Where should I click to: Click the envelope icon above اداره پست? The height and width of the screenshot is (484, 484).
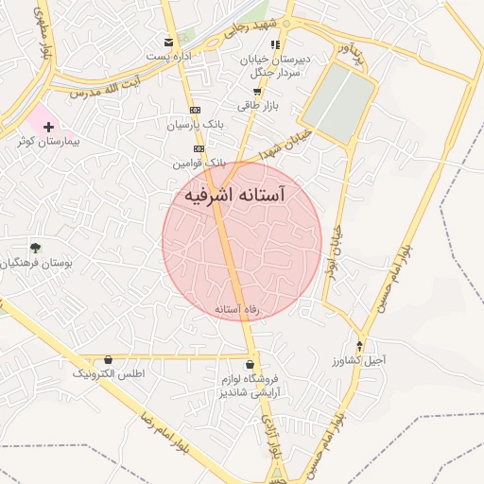point(169,43)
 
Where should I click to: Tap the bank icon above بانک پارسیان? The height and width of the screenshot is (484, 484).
point(196,110)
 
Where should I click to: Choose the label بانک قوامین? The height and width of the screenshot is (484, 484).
point(199,164)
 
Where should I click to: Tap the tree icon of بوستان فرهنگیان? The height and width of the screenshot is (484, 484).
point(35,248)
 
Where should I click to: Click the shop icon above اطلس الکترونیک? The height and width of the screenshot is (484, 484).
point(109,360)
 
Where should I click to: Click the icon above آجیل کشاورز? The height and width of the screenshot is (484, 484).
point(359,345)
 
